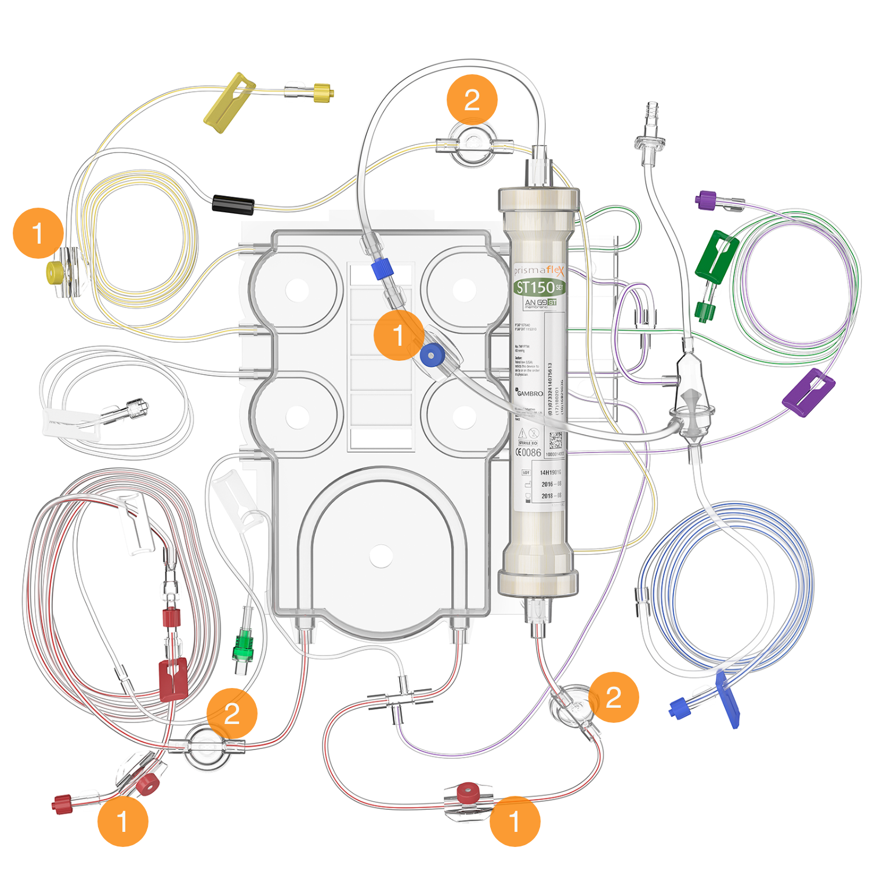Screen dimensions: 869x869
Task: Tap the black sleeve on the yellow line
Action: [233, 205]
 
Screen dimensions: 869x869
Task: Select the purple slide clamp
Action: [808, 392]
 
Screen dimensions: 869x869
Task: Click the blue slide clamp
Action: [727, 700]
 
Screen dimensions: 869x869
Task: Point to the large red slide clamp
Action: [173, 679]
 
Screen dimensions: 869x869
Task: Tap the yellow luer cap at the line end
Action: [323, 92]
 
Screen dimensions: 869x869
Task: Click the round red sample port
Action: [468, 792]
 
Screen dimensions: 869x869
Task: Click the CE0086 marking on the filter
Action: [528, 452]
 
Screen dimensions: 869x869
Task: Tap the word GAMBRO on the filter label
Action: [530, 393]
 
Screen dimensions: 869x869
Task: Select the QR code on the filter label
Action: [555, 439]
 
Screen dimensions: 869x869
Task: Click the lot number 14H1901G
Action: [550, 472]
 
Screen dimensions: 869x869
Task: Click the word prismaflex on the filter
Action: [538, 270]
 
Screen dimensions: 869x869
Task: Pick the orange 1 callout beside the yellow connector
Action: [38, 233]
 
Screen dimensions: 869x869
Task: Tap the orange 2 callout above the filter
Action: [472, 100]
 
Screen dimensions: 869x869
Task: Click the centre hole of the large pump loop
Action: [381, 556]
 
